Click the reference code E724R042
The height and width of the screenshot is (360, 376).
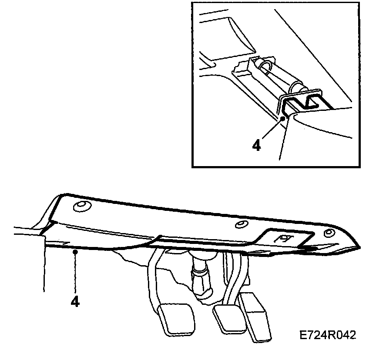click(x=328, y=335)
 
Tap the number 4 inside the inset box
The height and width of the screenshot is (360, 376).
click(x=257, y=145)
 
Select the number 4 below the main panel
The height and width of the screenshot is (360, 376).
click(x=75, y=302)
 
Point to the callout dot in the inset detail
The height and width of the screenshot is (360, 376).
click(x=283, y=118)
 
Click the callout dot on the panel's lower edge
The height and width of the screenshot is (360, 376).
click(x=75, y=251)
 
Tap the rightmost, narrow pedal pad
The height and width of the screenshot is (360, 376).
click(x=255, y=316)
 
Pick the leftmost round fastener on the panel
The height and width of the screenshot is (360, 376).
click(x=82, y=207)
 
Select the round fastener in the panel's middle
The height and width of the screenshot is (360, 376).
click(x=241, y=224)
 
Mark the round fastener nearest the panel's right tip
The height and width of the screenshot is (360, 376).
click(x=329, y=233)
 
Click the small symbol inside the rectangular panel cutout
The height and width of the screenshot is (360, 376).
click(x=284, y=239)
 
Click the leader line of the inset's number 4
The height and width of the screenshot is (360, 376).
click(x=272, y=128)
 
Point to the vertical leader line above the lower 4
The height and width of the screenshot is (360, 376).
click(x=75, y=273)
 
